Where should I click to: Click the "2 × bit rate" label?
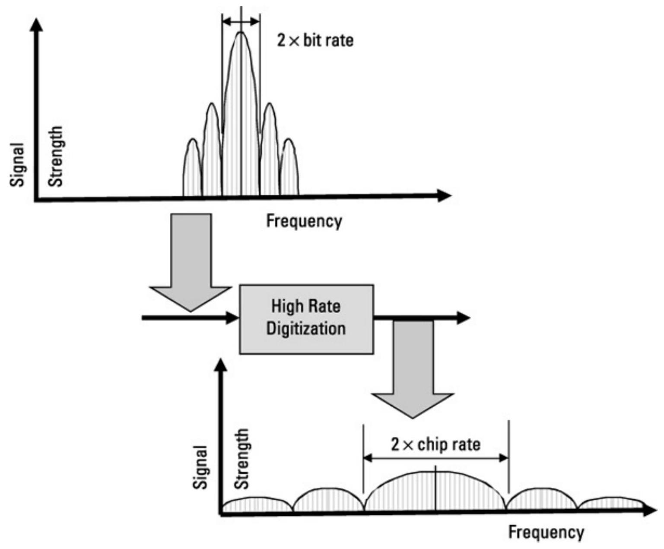315,41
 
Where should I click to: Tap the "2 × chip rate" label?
435,444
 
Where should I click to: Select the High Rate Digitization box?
306,319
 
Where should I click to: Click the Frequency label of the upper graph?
304,221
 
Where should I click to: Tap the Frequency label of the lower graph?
546,532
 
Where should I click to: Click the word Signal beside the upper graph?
17,165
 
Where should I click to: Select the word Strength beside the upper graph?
55,156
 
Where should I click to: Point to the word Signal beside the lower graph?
200,467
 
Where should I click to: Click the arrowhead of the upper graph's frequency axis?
445,196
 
